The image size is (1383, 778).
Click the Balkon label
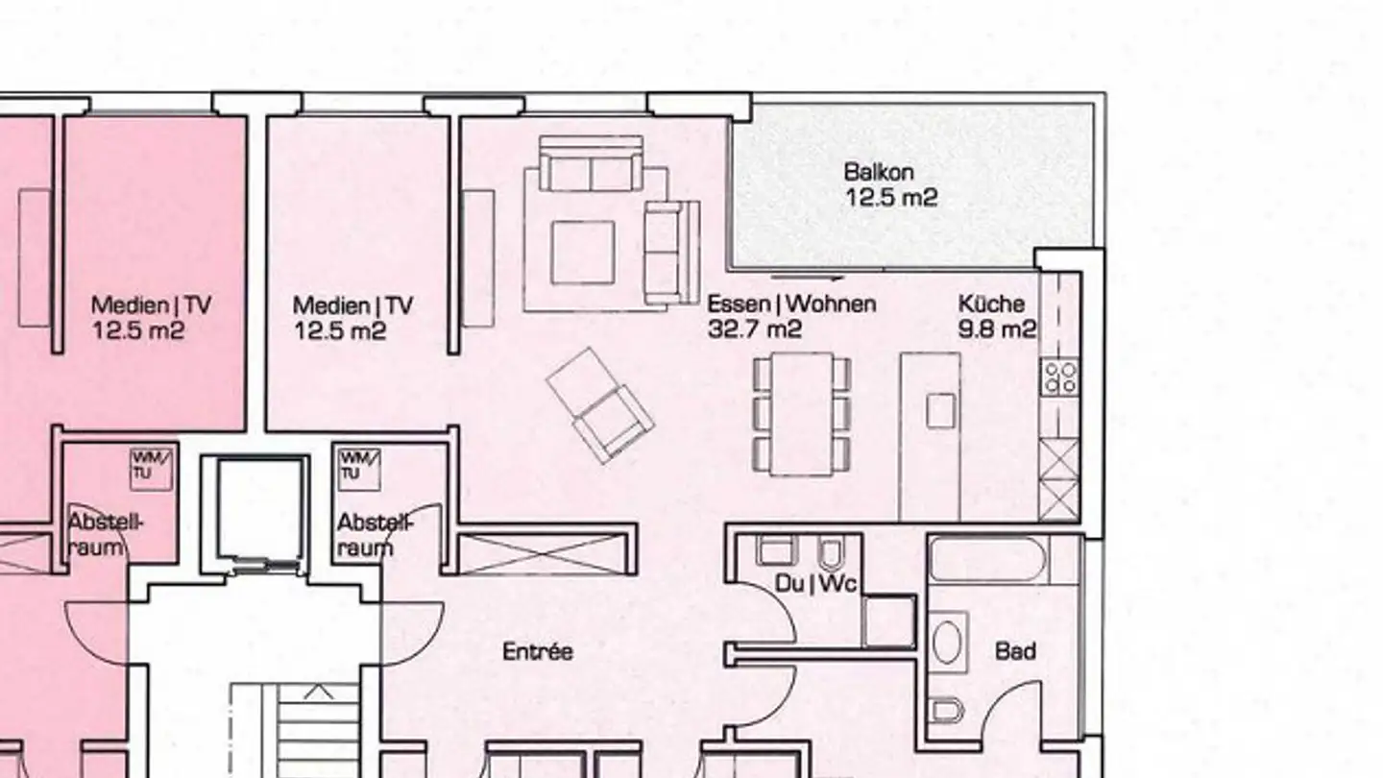(879, 173)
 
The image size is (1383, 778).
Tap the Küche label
(991, 304)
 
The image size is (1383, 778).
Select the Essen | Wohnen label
(791, 304)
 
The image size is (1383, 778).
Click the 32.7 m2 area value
(755, 329)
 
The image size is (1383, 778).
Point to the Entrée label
(538, 652)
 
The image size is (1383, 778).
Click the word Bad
(1015, 652)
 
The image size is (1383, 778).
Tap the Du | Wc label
(815, 583)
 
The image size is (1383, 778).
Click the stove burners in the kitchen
(1060, 377)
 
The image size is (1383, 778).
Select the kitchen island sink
(941, 411)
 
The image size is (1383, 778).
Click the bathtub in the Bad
(989, 560)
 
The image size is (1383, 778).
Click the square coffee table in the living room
(582, 252)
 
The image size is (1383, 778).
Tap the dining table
(802, 413)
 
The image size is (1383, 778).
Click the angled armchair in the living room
(600, 405)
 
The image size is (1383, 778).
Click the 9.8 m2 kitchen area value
(997, 329)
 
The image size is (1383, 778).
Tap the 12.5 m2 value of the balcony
(890, 198)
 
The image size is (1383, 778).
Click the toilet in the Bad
(948, 711)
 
